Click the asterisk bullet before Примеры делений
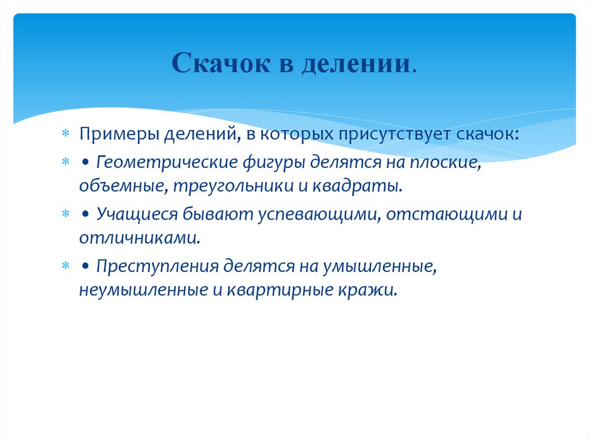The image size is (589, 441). pos(66,134)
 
